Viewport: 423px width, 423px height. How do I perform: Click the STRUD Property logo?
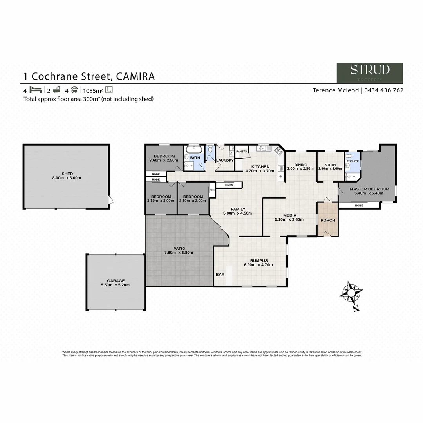[x=370, y=72]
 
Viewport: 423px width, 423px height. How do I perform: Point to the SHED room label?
[x=67, y=174]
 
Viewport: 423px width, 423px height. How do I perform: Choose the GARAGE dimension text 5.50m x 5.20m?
[x=116, y=285]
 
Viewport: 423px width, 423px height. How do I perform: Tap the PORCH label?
[x=328, y=220]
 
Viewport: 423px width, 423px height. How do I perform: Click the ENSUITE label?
[x=352, y=161]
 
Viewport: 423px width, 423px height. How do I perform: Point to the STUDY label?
[x=330, y=165]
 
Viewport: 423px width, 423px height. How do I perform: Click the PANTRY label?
[x=242, y=152]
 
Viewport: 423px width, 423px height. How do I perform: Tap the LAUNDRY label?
[x=225, y=161]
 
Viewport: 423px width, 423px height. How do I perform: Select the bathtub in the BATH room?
[x=194, y=150]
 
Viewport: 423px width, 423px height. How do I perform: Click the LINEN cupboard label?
[x=229, y=185]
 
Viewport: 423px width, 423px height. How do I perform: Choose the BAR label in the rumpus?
[x=220, y=275]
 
